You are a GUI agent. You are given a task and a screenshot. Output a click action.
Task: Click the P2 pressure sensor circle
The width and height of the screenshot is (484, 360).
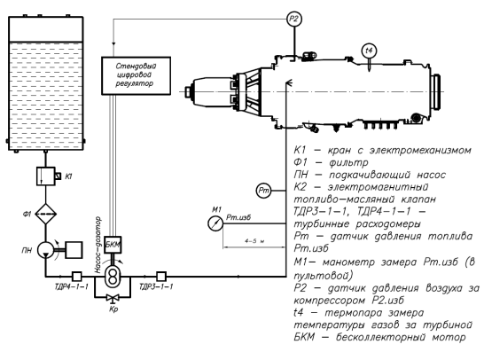coord(294,20)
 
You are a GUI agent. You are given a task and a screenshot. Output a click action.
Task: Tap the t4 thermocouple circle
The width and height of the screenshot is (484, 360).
coord(369,51)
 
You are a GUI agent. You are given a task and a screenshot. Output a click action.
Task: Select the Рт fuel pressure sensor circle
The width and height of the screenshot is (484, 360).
coord(263,191)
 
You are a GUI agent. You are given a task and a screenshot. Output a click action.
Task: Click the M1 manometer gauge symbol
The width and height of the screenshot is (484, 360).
coord(215,223)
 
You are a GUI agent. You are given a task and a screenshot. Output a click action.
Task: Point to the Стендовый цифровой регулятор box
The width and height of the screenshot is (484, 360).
coord(137,75)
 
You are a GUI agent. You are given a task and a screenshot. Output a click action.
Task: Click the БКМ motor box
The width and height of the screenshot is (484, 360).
coord(113,245)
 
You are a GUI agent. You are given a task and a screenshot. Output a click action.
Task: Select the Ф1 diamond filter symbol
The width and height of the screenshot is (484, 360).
coord(46,214)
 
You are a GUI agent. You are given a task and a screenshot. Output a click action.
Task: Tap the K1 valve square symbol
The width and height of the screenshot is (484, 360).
coord(46,176)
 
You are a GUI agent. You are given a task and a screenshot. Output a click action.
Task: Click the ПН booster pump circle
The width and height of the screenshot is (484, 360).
coord(46,250)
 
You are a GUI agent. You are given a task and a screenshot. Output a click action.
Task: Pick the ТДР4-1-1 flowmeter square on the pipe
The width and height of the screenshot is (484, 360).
coord(76,276)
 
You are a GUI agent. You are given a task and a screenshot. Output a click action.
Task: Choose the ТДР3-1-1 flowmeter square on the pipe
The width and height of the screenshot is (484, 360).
coord(161,276)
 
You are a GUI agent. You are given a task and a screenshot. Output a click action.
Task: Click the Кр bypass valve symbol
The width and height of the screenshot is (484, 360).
coord(113,298)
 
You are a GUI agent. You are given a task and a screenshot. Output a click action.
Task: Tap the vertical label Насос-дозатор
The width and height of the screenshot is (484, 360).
coord(98,246)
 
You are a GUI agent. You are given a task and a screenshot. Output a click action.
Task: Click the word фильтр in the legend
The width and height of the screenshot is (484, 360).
coord(348,162)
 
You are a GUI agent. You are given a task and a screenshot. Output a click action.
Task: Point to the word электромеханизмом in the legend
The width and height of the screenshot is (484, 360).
coord(420,151)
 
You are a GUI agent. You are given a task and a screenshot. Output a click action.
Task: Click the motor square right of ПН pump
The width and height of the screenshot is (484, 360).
coord(74,250)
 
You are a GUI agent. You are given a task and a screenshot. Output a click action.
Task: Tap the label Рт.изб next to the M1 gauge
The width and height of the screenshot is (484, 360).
coord(238,217)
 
